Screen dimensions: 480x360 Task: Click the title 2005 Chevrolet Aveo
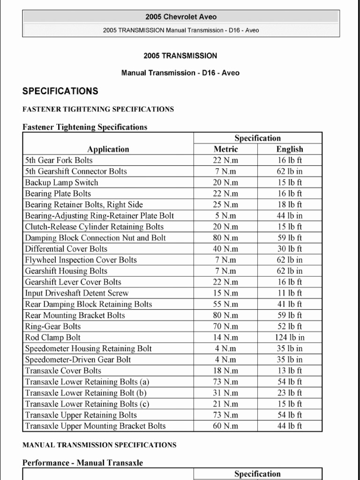pyautogui.click(x=180, y=17)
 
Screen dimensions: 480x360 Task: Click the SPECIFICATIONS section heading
pyautogui.click(x=60, y=91)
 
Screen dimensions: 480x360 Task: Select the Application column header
pyautogui.click(x=108, y=150)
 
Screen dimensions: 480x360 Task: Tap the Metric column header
pyautogui.click(x=225, y=150)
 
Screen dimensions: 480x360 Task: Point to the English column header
pyautogui.click(x=290, y=150)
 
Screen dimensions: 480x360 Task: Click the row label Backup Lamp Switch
pyautogui.click(x=61, y=182)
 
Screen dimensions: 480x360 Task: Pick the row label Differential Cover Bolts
pyautogui.click(x=66, y=249)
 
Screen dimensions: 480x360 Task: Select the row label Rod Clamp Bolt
pyautogui.click(x=53, y=337)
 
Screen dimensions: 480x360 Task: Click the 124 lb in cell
pyautogui.click(x=290, y=337)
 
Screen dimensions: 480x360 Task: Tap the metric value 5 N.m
pyautogui.click(x=225, y=216)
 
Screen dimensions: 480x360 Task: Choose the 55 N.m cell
pyautogui.click(x=225, y=304)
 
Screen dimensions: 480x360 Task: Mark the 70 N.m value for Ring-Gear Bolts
pyautogui.click(x=225, y=326)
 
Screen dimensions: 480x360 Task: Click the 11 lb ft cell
pyautogui.click(x=290, y=293)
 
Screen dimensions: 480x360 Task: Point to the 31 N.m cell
pyautogui.click(x=225, y=393)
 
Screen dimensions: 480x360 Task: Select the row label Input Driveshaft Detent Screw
pyautogui.click(x=77, y=293)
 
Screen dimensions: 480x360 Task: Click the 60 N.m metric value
pyautogui.click(x=225, y=426)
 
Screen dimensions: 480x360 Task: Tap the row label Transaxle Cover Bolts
pyautogui.click(x=63, y=371)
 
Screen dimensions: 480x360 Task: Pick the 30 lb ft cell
pyautogui.click(x=290, y=249)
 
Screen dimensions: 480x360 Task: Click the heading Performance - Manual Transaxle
pyautogui.click(x=83, y=463)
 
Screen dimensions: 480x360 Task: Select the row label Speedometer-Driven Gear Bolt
pyautogui.click(x=78, y=360)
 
